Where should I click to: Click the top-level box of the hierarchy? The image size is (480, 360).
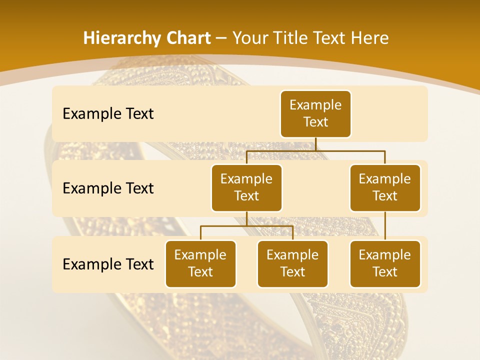(315, 113)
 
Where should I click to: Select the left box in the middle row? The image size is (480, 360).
(246, 187)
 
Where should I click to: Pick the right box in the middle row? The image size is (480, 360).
(385, 187)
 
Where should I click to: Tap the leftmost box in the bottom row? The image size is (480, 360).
(200, 263)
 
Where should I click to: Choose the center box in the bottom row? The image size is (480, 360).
(292, 263)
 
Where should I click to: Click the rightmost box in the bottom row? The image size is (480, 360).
(385, 263)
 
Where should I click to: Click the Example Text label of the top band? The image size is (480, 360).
(108, 113)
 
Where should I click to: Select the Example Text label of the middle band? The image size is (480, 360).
(108, 188)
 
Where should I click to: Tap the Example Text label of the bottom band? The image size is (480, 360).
(108, 264)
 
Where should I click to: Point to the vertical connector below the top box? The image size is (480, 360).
(315, 144)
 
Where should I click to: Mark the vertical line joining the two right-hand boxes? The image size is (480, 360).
(385, 225)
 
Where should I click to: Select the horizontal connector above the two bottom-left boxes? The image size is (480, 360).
(246, 226)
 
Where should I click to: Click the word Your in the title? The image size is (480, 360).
(248, 38)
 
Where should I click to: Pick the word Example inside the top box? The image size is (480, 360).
(315, 105)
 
